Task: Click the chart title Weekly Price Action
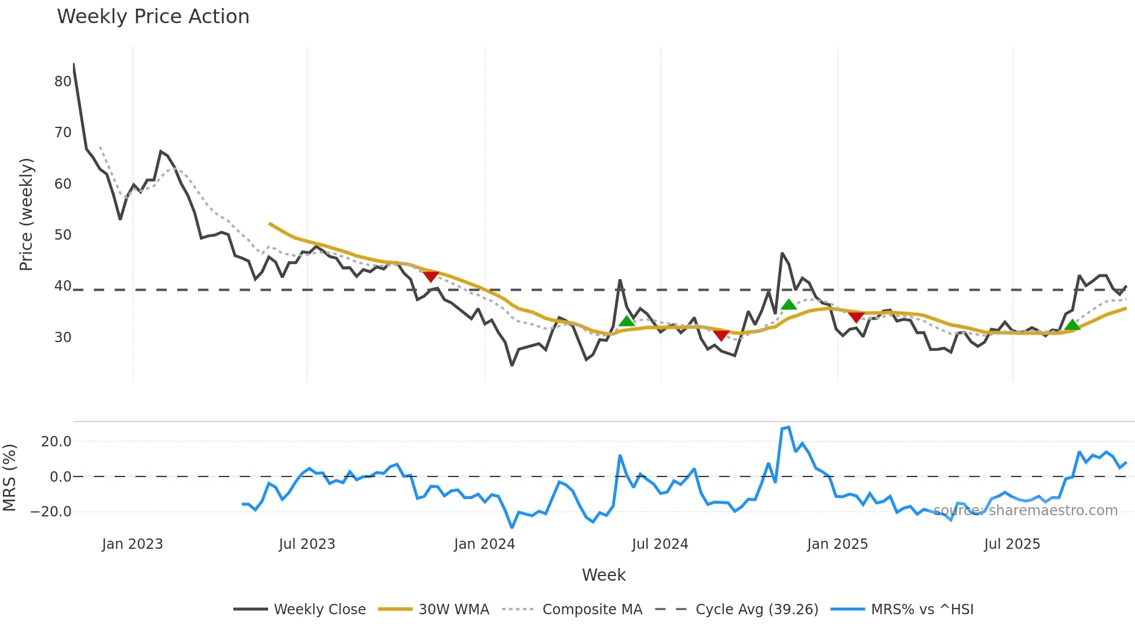tap(153, 17)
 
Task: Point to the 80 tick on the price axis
tap(63, 82)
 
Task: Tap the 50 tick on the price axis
tap(63, 235)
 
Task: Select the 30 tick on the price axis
tap(63, 338)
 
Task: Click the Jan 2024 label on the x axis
tap(484, 544)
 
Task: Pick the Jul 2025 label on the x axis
tap(1012, 544)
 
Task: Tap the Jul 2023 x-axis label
tap(307, 544)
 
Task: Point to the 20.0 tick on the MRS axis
tap(56, 442)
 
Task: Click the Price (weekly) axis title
tap(27, 214)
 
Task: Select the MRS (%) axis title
tap(10, 478)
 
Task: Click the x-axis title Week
tap(603, 575)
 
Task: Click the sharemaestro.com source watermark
tap(1025, 511)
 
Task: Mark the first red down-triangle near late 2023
tap(430, 276)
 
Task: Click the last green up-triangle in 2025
tap(1072, 325)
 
